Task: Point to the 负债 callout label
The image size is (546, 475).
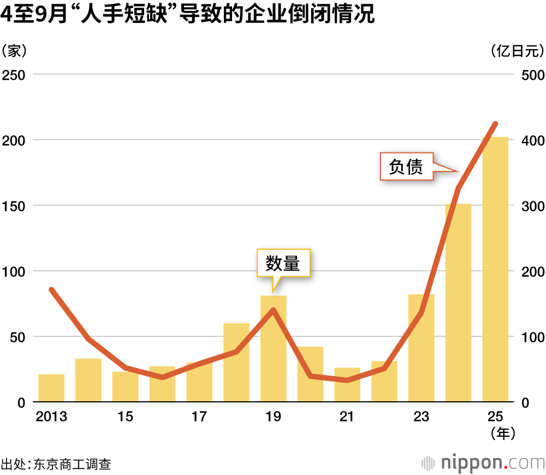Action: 406,167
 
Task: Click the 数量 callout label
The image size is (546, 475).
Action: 283,264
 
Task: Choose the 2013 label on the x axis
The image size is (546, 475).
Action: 51,417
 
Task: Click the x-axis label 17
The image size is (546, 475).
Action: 199,417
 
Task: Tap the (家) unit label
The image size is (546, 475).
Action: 14,51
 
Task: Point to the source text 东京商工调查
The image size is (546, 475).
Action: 72,465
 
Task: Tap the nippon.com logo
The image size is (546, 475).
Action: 484,463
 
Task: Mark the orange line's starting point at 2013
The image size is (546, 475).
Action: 51,289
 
